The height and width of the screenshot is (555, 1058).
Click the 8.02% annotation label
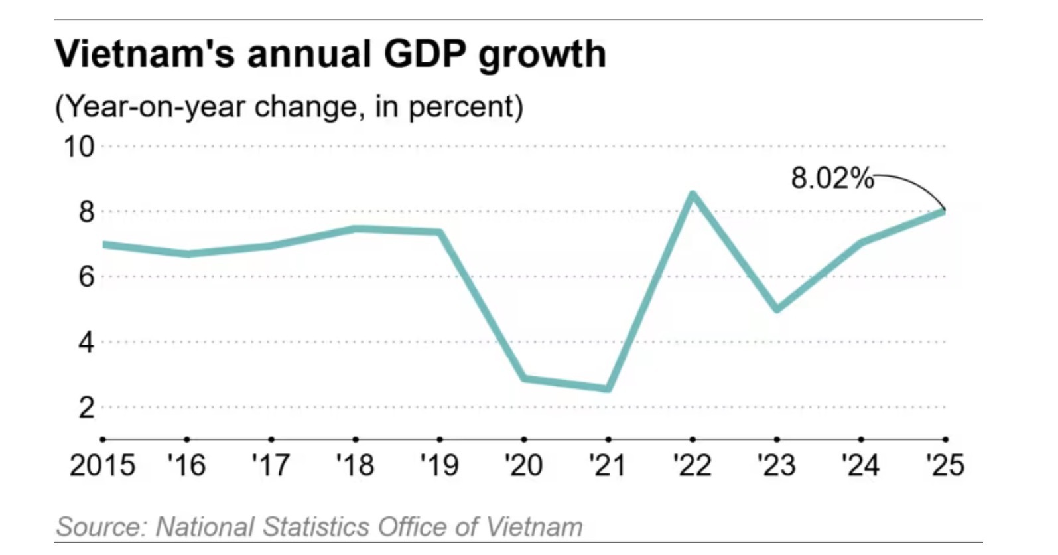click(832, 179)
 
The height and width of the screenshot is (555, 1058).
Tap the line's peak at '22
click(693, 194)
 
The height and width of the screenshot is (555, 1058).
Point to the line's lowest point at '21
click(608, 388)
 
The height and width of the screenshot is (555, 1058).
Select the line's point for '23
click(777, 309)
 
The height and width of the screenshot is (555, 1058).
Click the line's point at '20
click(524, 378)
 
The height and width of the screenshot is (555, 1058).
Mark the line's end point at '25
click(944, 212)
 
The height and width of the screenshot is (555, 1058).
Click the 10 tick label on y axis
click(79, 147)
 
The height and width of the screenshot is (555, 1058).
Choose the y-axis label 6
click(86, 277)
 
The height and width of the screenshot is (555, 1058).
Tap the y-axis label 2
click(86, 407)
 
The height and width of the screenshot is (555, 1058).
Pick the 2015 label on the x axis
click(102, 465)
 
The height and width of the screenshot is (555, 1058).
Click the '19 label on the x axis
click(440, 465)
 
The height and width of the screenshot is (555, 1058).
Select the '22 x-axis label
click(692, 465)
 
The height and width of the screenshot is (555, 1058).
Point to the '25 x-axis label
click(945, 465)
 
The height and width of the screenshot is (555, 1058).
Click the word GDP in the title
click(423, 54)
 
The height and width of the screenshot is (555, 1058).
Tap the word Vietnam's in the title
click(145, 54)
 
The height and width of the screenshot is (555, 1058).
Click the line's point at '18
click(356, 229)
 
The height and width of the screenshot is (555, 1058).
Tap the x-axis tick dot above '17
click(271, 439)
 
